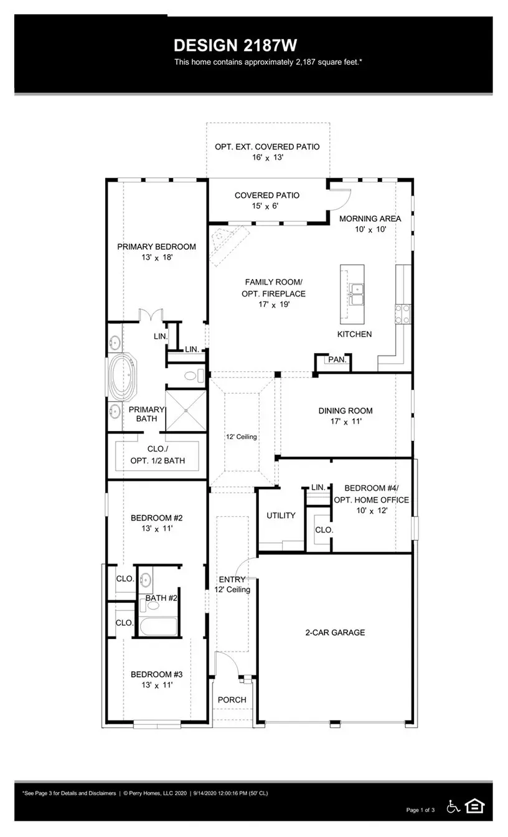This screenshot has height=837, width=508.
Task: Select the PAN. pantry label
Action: [x=337, y=360]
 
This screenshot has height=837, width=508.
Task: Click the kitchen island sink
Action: [x=356, y=294]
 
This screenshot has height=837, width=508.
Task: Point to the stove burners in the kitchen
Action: [x=403, y=313]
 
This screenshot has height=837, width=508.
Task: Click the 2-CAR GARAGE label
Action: [x=335, y=633]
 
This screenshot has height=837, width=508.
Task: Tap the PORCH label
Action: [x=232, y=700]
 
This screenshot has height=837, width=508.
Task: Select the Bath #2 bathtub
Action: [x=158, y=627]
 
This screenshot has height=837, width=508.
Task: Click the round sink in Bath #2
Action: [x=146, y=580]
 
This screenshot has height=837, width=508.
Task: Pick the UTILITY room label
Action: [x=281, y=516]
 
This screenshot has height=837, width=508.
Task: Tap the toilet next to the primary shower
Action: [x=195, y=376]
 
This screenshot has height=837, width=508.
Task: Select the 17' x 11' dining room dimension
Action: [x=346, y=422]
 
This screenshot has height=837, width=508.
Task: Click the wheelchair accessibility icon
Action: [x=454, y=806]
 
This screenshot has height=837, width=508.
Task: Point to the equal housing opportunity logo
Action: [x=474, y=806]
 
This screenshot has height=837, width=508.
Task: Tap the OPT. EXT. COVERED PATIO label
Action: [x=267, y=147]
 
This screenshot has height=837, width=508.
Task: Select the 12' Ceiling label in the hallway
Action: [x=241, y=437]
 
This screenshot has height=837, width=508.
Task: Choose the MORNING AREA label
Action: [x=370, y=219]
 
